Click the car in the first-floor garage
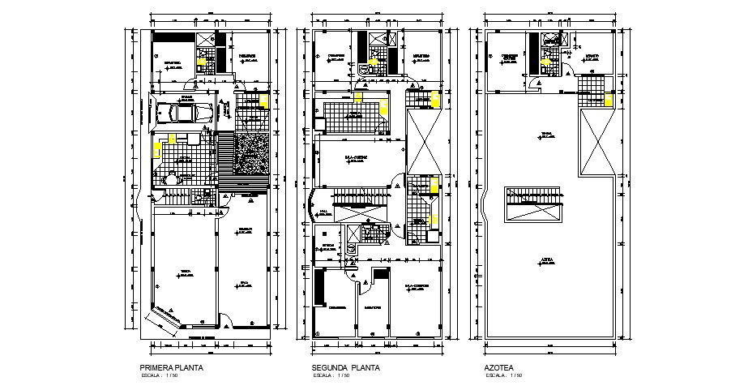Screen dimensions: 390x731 183,114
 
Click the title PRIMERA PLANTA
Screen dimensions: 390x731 172,367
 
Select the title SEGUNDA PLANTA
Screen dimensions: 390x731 345,367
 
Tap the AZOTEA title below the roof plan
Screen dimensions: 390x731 499,367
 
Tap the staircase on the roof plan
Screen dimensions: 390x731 532,202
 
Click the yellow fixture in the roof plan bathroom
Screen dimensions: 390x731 608,101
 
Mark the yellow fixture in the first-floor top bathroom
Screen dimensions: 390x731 201,56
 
